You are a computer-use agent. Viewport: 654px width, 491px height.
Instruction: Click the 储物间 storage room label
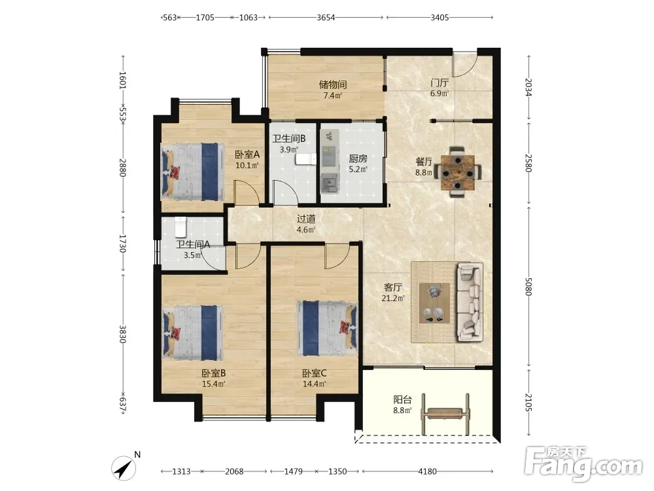click(333, 84)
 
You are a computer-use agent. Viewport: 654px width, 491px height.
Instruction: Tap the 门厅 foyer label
click(439, 82)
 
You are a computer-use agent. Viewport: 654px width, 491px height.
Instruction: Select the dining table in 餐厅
click(458, 172)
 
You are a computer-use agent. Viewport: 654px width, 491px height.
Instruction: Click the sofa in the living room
click(470, 302)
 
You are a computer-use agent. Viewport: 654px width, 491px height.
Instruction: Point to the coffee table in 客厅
click(434, 302)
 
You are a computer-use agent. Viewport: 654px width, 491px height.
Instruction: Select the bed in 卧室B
click(192, 333)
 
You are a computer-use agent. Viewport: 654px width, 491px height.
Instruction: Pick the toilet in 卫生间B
click(305, 159)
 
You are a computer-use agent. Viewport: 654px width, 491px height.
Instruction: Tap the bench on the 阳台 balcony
click(445, 413)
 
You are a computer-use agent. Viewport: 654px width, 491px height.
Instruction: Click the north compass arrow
click(124, 467)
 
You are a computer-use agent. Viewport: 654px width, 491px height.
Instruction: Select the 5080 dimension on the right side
click(528, 287)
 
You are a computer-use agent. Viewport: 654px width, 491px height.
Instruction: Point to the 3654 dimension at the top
click(326, 18)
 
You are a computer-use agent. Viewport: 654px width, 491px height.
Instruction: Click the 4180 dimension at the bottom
click(427, 471)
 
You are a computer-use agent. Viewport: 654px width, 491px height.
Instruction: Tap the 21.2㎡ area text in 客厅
click(393, 298)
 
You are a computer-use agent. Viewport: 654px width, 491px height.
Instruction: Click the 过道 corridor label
click(306, 219)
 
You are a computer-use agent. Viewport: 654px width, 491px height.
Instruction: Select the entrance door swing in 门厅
click(464, 65)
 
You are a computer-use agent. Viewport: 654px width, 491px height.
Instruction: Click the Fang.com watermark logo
click(583, 464)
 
